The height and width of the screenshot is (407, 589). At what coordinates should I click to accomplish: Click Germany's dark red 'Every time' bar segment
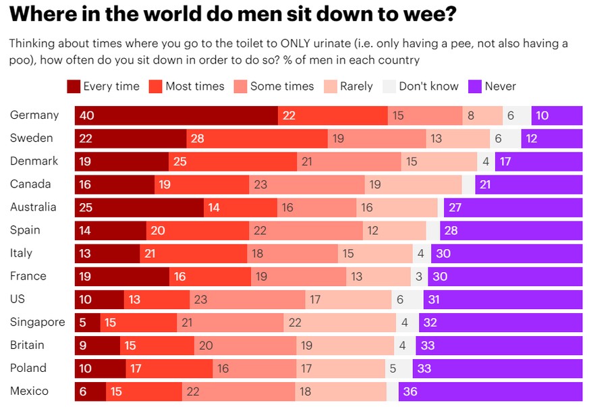(x=176, y=115)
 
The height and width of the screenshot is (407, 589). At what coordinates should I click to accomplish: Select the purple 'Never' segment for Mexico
(x=490, y=391)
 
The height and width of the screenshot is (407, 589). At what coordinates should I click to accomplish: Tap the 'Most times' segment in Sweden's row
(x=257, y=138)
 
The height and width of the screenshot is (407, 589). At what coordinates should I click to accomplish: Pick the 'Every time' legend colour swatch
(x=74, y=86)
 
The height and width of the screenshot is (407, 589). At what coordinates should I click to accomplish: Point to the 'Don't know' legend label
(x=428, y=86)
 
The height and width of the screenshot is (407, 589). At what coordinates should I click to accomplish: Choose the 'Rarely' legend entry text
(x=356, y=86)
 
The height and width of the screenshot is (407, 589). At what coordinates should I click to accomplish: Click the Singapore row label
(x=38, y=322)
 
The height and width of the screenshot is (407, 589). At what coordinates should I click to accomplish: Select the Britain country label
(x=28, y=345)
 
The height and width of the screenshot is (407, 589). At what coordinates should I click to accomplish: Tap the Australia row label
(x=33, y=207)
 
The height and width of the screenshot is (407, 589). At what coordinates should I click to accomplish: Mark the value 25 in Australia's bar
(x=86, y=207)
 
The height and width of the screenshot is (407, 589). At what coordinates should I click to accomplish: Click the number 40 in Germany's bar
(x=86, y=115)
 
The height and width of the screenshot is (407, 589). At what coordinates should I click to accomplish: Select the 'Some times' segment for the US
(x=248, y=299)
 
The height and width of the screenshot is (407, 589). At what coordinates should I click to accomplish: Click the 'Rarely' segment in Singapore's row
(x=339, y=322)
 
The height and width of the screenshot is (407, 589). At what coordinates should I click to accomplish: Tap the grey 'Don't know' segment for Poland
(x=399, y=368)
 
